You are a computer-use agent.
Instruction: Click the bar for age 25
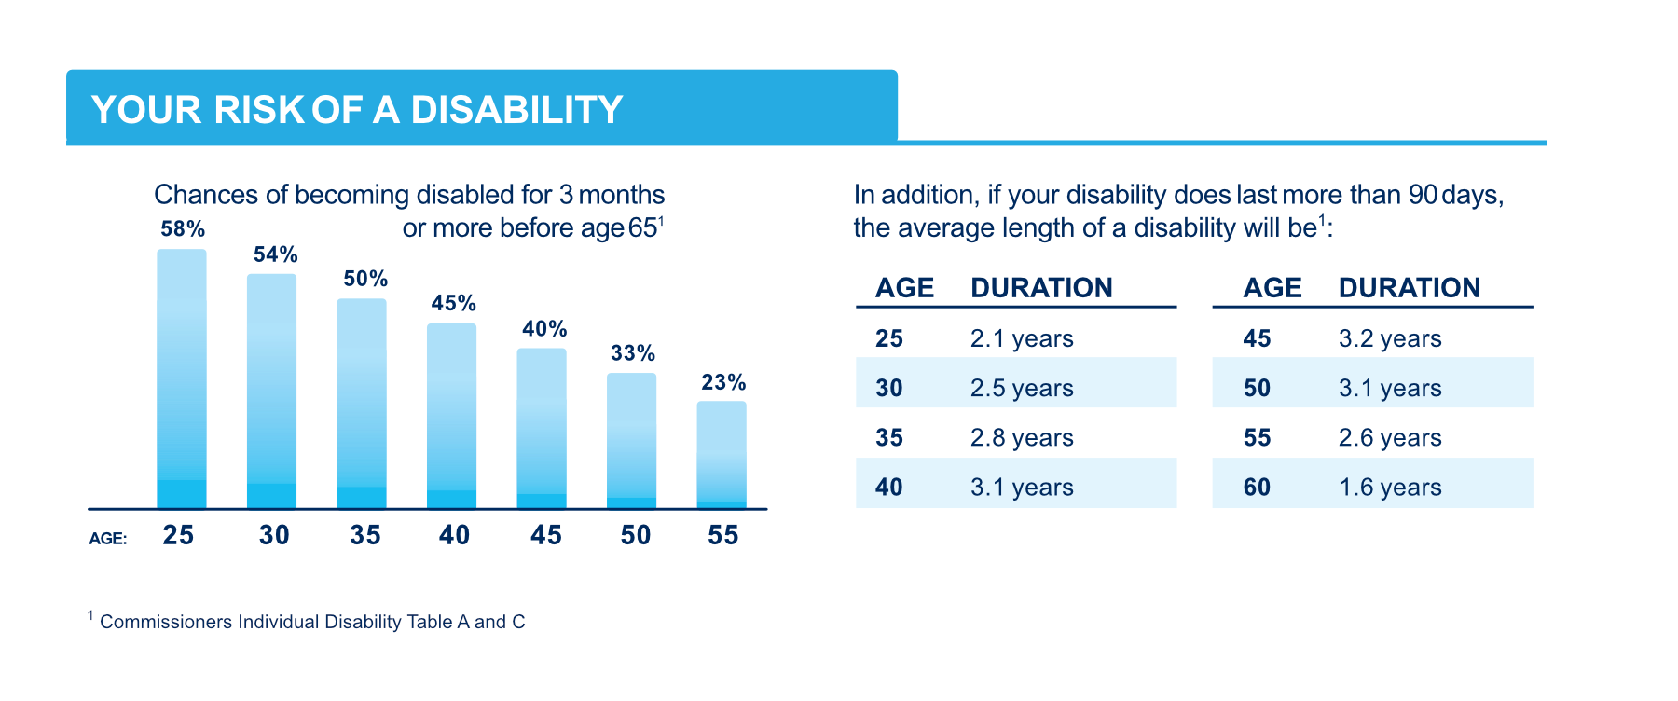pos(182,378)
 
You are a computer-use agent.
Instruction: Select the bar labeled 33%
pos(631,440)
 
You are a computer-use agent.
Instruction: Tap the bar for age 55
pos(722,454)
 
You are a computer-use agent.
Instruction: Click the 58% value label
pos(183,229)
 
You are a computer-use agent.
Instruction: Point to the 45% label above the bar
pos(453,304)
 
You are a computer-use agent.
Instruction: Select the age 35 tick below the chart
pos(365,535)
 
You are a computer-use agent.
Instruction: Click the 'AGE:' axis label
pos(108,539)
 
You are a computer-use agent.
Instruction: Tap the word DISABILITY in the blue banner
pos(516,110)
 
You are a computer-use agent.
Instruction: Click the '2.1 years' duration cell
pos(1022,338)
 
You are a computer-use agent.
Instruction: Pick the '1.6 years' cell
pos(1390,488)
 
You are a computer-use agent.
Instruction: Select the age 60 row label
pos(1257,488)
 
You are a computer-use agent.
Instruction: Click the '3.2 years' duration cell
pos(1390,338)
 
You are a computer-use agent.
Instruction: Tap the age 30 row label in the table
pos(889,388)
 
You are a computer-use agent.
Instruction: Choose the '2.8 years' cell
pos(1022,438)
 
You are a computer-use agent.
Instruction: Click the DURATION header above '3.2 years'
pos(1410,288)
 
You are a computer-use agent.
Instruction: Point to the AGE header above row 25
pos(904,288)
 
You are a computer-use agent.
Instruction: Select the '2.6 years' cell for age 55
pos(1390,438)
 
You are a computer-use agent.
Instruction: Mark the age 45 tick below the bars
pos(546,535)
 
